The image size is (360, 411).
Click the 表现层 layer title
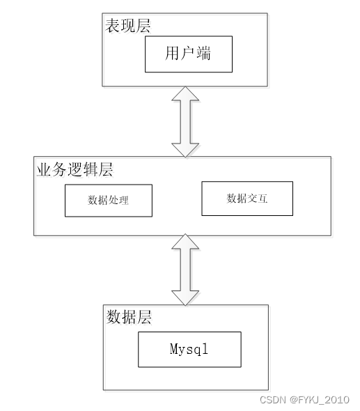click(x=127, y=26)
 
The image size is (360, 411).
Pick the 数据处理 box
click(x=109, y=200)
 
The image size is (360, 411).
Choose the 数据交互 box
click(x=247, y=198)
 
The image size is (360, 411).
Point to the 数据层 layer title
click(x=129, y=317)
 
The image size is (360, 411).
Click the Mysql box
click(x=189, y=349)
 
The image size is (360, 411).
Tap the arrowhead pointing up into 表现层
click(x=185, y=96)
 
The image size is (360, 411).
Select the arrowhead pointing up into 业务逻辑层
click(x=185, y=245)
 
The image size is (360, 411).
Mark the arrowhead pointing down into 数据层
click(x=185, y=295)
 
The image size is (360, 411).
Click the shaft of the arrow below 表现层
click(x=185, y=122)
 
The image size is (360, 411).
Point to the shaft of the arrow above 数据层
click(x=185, y=270)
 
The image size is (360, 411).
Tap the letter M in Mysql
click(x=174, y=349)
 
